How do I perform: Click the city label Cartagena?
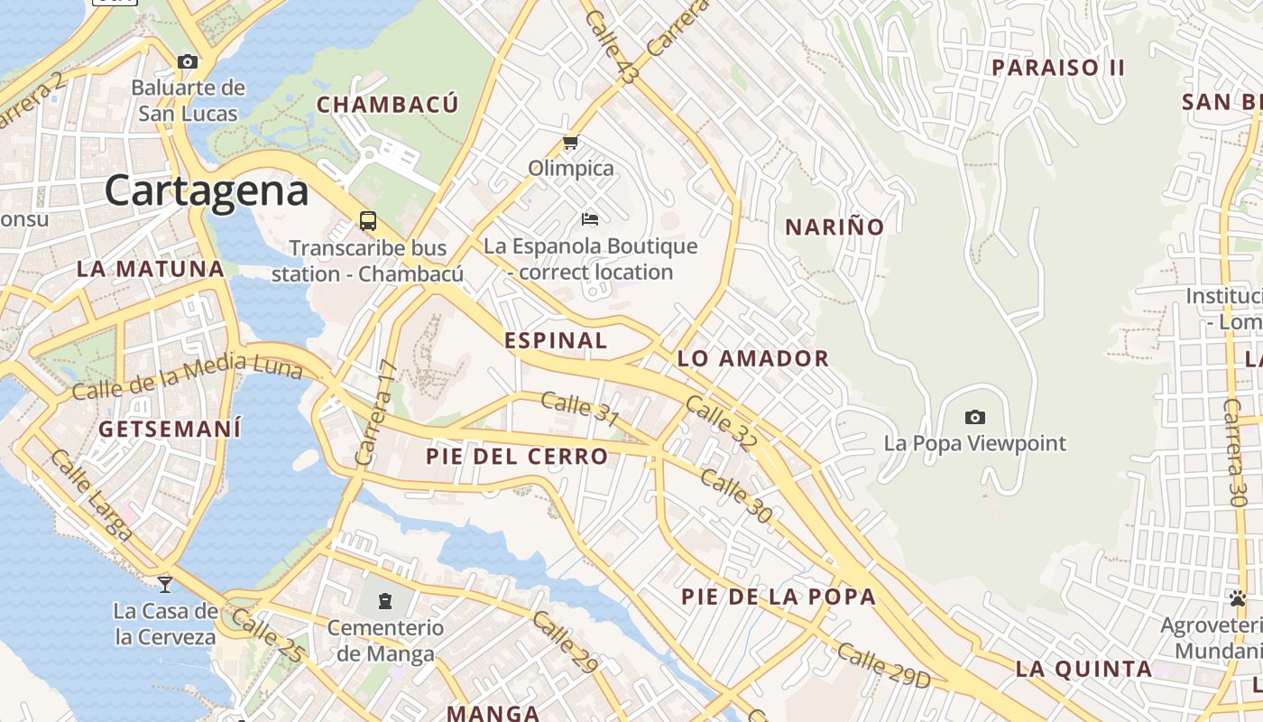[x=207, y=191]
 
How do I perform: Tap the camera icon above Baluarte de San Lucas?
[x=188, y=62]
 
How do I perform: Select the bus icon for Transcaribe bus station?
[x=368, y=220]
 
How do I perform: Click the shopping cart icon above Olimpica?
[x=570, y=143]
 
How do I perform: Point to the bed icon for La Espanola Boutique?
[x=590, y=219]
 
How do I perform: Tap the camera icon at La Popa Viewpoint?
[x=974, y=417]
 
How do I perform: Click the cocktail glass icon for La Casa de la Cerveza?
[x=165, y=584]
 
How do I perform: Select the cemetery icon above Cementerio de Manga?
[x=385, y=600]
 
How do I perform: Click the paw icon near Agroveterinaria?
[x=1237, y=598]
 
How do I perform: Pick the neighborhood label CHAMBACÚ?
[x=388, y=105]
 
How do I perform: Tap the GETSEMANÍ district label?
[x=170, y=429]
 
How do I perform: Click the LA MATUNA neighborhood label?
[x=151, y=269]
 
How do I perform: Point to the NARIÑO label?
[x=834, y=227]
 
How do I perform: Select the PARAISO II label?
[x=1058, y=68]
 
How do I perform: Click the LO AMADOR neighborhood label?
[x=752, y=358]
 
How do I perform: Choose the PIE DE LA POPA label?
[x=779, y=597]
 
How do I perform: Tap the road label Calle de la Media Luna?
[x=186, y=376]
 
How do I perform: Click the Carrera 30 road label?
[x=1234, y=451]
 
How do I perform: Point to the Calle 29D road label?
[x=882, y=666]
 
